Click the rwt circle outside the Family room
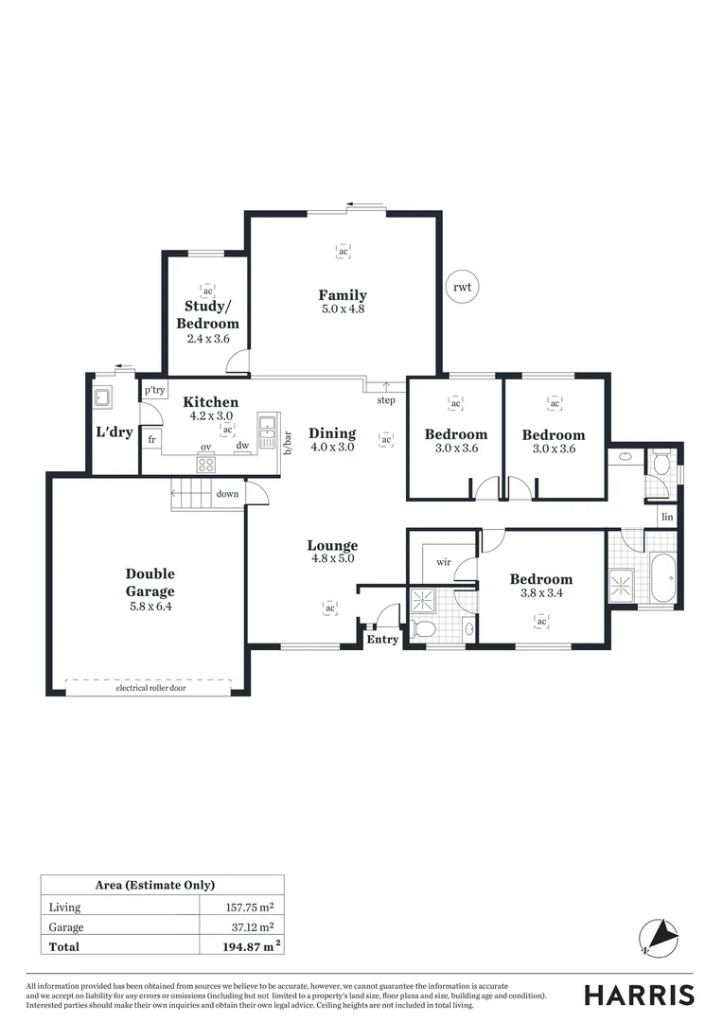tap(462, 286)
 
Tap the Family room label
tap(343, 295)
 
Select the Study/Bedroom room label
tap(207, 315)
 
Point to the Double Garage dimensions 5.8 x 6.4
tap(150, 608)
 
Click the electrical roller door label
tap(150, 688)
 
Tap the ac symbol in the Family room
tap(343, 251)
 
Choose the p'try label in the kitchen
tap(154, 390)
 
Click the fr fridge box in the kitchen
tap(151, 440)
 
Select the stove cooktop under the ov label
tap(205, 464)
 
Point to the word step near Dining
tap(386, 400)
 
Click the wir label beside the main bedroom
tap(443, 562)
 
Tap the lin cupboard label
tap(668, 517)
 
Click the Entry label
tap(382, 640)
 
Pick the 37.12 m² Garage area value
tap(255, 927)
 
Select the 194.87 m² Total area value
tap(253, 946)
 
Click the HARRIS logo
tap(639, 995)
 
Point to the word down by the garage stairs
tap(227, 494)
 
